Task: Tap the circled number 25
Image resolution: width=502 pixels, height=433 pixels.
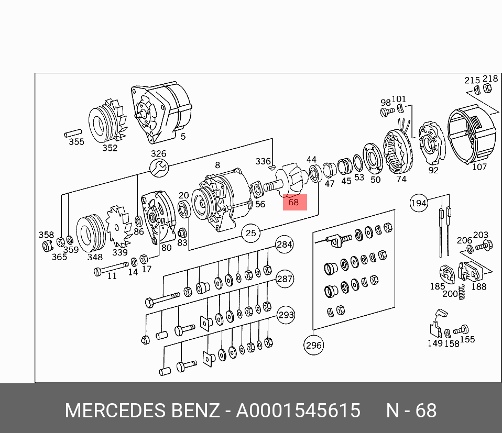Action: (250, 233)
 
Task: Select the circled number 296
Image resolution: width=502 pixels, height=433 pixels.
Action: (313, 346)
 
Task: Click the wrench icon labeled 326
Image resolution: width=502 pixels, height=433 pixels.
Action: (159, 168)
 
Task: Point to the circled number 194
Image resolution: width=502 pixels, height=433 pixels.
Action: (419, 203)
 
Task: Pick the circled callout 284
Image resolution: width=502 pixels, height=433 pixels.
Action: (285, 245)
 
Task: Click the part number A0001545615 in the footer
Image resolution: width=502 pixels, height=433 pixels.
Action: (298, 410)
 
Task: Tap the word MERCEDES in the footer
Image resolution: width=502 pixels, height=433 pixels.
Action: (115, 410)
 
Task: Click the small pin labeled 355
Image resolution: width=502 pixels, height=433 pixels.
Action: (73, 133)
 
